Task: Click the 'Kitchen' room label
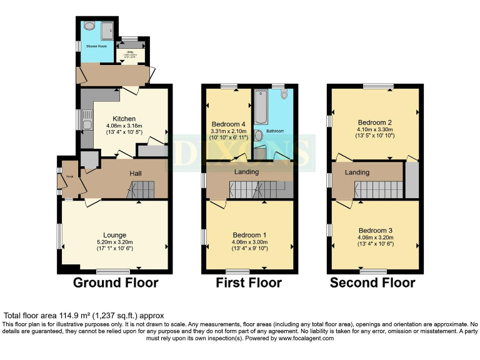(x=124, y=119)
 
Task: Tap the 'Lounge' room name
(x=116, y=235)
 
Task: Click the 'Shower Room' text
(x=87, y=46)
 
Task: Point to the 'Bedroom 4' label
(x=229, y=123)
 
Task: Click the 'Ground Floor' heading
(x=116, y=283)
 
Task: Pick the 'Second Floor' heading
(x=372, y=283)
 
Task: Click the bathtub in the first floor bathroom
(x=261, y=106)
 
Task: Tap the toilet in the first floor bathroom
(x=285, y=94)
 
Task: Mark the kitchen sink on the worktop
(x=86, y=118)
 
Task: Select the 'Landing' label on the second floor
(x=357, y=172)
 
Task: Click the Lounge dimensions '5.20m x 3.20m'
(x=116, y=242)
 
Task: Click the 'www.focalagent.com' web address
(x=303, y=338)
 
